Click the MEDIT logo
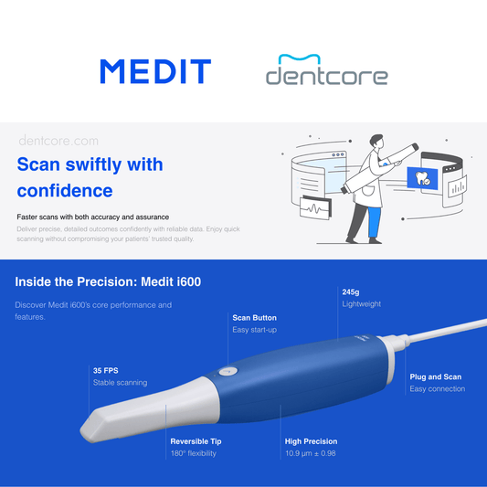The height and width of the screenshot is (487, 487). tap(155, 71)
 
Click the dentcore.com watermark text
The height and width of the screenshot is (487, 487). tap(58, 141)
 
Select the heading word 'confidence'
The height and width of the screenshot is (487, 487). tap(65, 190)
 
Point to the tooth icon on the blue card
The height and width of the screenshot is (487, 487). tap(422, 178)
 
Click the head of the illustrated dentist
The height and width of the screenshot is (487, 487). tap(377, 143)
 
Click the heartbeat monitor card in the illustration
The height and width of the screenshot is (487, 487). tap(315, 207)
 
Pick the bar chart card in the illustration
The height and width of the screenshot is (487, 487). tap(457, 186)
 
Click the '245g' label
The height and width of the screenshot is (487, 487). tap(351, 292)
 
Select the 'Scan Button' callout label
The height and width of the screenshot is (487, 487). tap(254, 318)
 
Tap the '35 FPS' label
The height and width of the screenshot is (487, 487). tap(106, 371)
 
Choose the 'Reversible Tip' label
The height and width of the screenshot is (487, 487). tap(196, 441)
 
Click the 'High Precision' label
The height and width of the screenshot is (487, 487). tap(311, 441)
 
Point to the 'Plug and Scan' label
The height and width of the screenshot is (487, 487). tap(436, 376)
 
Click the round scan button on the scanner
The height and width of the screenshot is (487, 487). tap(228, 371)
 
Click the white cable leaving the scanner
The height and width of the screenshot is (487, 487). tap(447, 331)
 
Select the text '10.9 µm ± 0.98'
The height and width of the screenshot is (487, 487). tap(311, 453)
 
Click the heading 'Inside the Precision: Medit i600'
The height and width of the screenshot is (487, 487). tap(108, 281)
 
